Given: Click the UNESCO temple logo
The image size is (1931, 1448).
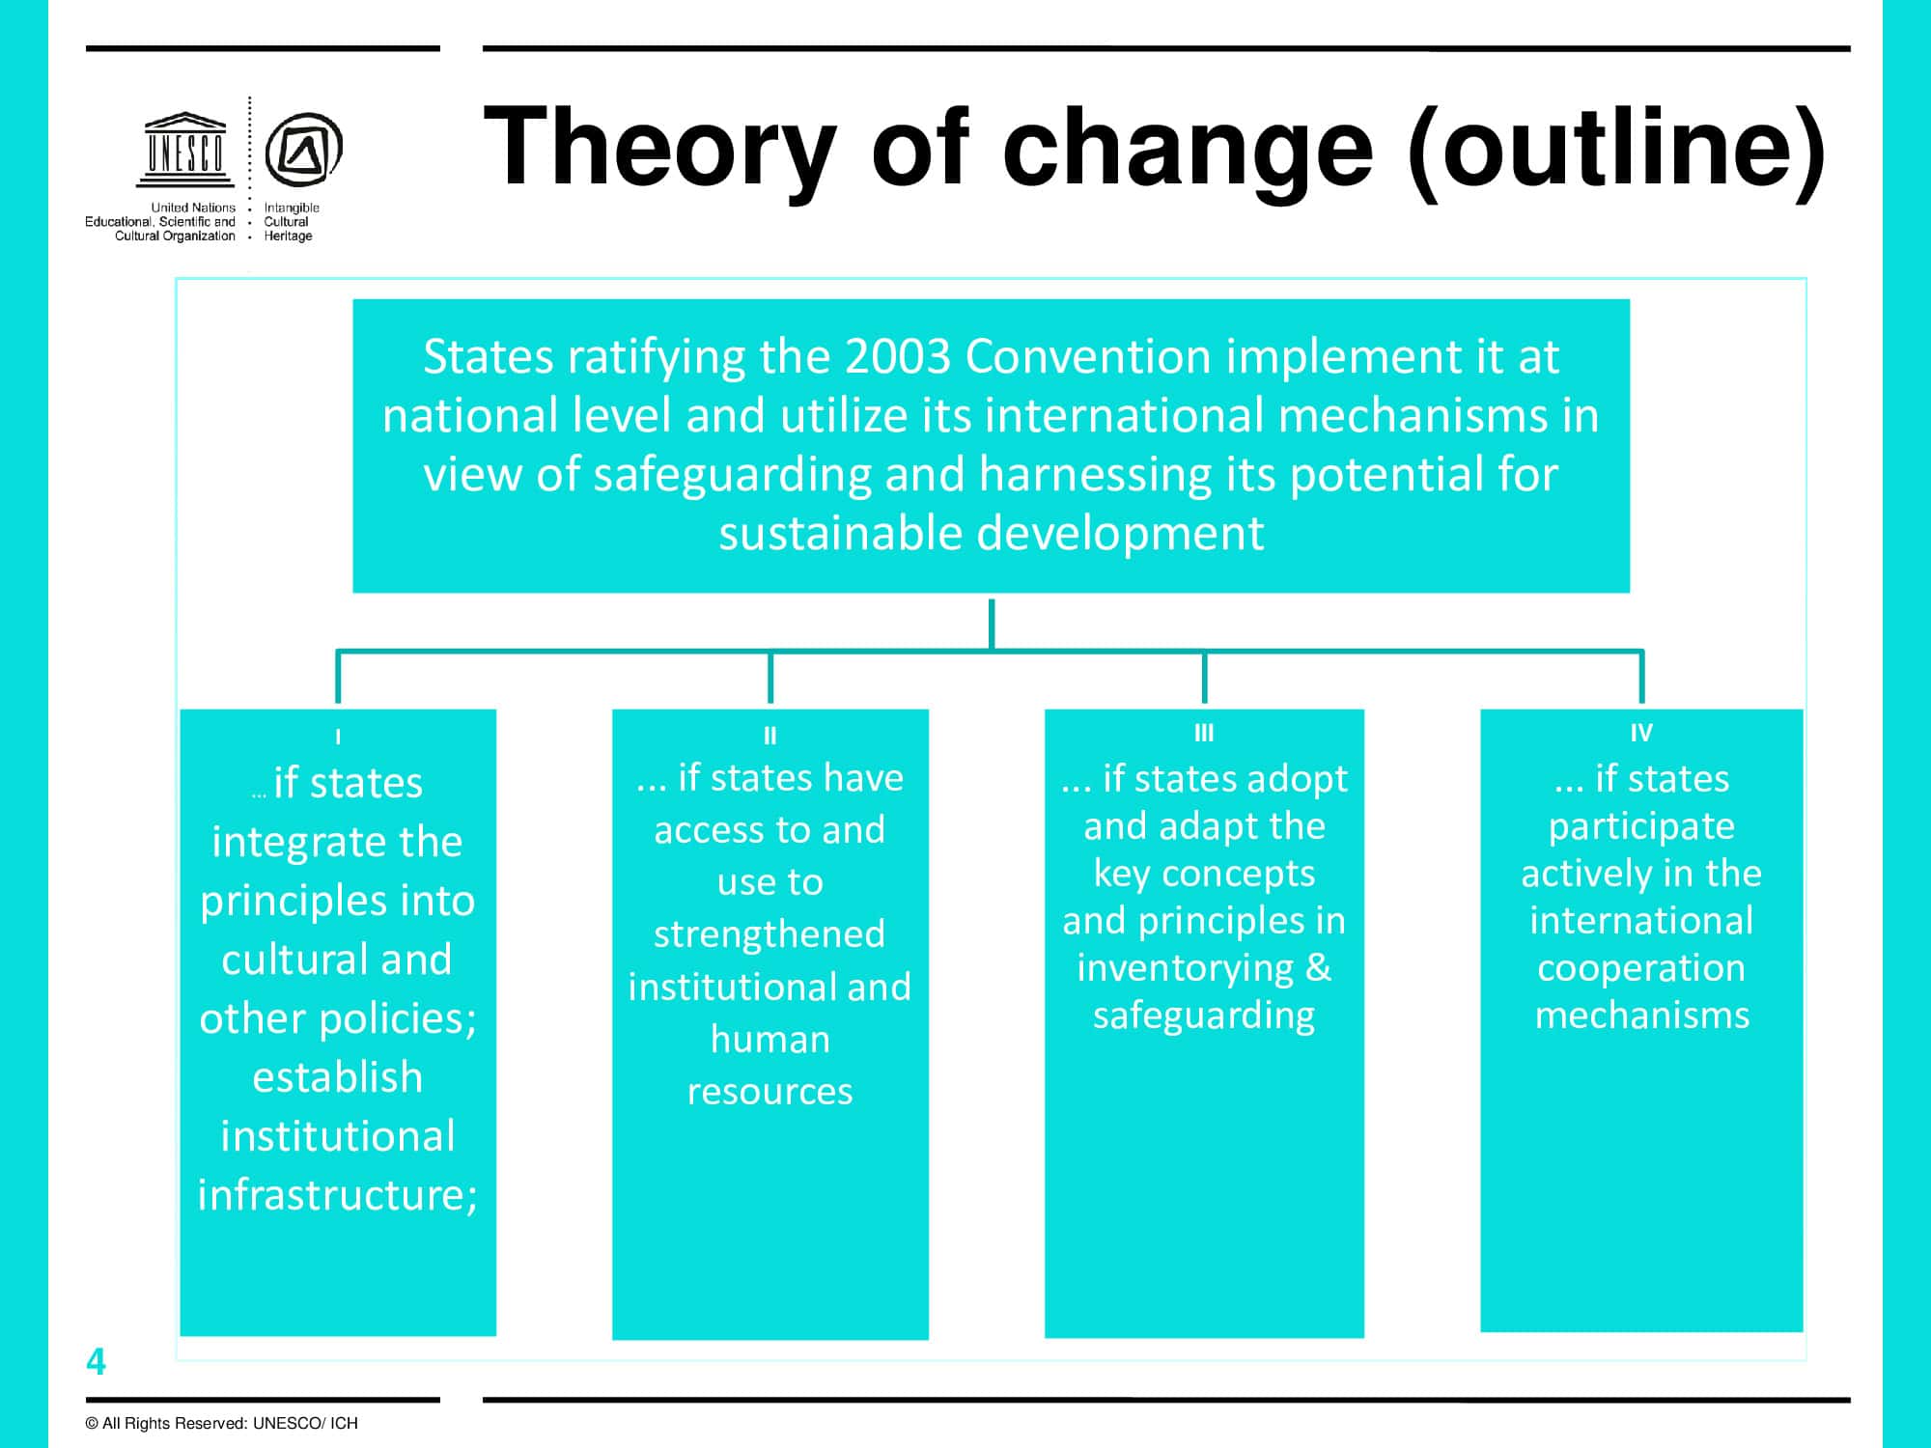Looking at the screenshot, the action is [x=185, y=150].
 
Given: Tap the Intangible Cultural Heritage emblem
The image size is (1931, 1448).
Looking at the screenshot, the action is [x=303, y=150].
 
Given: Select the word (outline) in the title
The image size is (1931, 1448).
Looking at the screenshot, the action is [x=1617, y=148].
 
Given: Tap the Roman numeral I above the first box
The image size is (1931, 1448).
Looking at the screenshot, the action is [x=338, y=737].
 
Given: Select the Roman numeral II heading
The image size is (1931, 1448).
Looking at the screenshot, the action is [x=770, y=736].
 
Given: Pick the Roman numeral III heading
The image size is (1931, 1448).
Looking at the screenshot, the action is [x=1204, y=733].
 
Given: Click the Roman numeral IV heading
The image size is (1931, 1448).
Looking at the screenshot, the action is [x=1641, y=733].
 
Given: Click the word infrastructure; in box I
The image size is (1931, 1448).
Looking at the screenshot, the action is [x=338, y=1195].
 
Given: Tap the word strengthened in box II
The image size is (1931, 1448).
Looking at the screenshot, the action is [x=770, y=934].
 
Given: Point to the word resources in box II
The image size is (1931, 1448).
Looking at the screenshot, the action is [x=770, y=1092].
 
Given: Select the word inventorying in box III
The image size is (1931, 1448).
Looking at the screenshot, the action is [x=1186, y=968].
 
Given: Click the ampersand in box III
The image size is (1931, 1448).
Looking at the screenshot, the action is [x=1319, y=967].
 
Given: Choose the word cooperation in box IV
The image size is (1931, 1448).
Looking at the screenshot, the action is [x=1641, y=968].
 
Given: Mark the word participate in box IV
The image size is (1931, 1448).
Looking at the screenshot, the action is [x=1641, y=827].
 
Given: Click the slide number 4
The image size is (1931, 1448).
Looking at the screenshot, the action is [x=96, y=1361].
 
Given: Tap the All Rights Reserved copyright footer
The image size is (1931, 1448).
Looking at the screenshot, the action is [x=221, y=1423].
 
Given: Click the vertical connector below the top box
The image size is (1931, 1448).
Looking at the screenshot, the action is [x=992, y=625].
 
